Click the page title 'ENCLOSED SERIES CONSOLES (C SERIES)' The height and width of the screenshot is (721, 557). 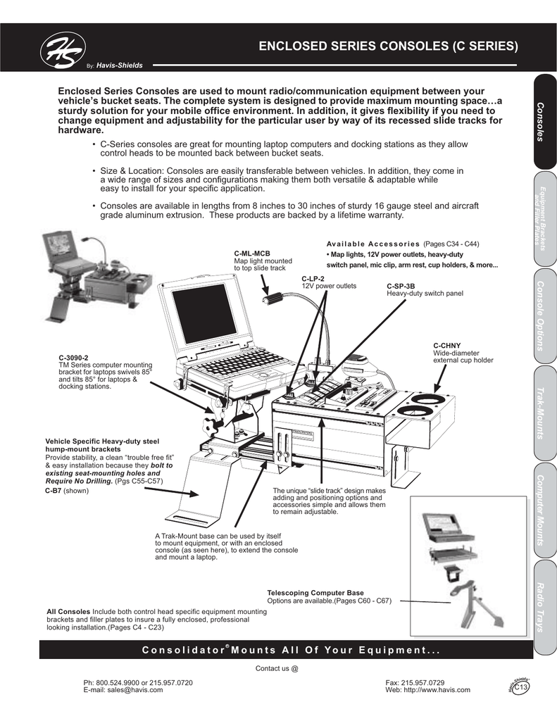pos(389,47)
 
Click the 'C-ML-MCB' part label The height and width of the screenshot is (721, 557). pos(252,253)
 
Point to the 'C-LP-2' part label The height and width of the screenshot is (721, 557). pos(313,279)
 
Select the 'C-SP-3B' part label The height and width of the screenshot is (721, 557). pos(401,286)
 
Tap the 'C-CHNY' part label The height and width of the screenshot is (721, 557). pos(446,346)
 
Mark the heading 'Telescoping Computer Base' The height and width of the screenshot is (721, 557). pos(315,593)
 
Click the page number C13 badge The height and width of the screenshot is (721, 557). pos(521,687)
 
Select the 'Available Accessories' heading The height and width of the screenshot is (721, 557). pos(373,244)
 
